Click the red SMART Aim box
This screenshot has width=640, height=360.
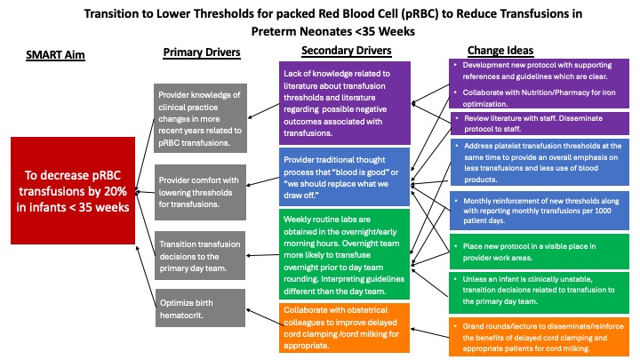click(73, 190)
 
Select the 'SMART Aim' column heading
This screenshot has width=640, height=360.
click(55, 55)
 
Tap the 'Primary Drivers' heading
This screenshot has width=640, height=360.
click(202, 52)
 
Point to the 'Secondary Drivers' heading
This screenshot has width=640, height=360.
click(347, 51)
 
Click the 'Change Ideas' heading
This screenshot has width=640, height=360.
click(500, 50)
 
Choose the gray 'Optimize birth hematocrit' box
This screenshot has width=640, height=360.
click(200, 308)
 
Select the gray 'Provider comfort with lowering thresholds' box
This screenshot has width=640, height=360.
click(200, 192)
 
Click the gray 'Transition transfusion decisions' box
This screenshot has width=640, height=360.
click(200, 255)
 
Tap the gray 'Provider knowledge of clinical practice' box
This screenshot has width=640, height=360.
click(200, 118)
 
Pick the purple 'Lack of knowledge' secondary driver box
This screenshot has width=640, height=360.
click(345, 103)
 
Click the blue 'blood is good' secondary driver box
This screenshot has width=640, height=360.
click(345, 177)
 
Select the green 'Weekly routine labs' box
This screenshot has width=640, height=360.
click(345, 254)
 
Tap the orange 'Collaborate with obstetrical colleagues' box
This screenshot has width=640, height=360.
click(345, 328)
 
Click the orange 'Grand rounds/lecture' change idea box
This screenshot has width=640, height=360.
click(540, 337)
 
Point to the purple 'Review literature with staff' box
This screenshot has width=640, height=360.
click(540, 124)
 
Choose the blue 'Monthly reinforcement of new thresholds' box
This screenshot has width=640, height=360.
click(540, 211)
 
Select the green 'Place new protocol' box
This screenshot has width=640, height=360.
click(540, 252)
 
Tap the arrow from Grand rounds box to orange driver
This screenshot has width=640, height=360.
click(430, 333)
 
